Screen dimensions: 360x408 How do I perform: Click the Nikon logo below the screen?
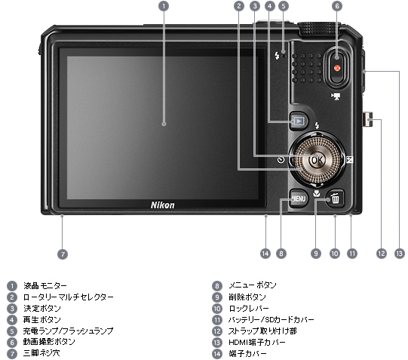163,205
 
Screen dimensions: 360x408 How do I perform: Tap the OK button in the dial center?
316,160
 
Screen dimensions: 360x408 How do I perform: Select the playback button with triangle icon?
299,121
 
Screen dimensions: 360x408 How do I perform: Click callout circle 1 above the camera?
164,6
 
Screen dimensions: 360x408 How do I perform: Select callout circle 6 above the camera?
336,6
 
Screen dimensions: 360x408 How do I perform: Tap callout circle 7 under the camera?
63,254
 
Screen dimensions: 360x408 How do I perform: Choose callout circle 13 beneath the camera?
399,254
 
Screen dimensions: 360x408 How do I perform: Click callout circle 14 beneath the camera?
265,254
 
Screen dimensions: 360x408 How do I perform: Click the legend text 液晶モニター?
44,286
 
